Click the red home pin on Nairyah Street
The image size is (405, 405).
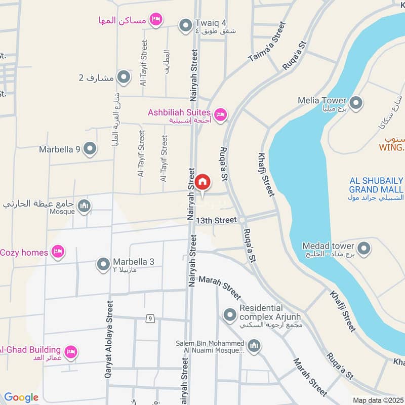click(x=202, y=182)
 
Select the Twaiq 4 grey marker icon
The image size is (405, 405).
click(x=185, y=24)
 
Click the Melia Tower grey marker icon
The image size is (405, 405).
click(x=356, y=103)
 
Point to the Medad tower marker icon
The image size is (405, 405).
click(x=363, y=249)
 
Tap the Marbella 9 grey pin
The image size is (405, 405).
click(x=90, y=149)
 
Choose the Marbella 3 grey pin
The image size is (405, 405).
click(x=103, y=264)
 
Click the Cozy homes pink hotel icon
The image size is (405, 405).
click(x=58, y=252)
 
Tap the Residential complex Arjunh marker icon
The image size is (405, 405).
click(x=230, y=315)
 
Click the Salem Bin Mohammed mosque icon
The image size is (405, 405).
click(x=254, y=346)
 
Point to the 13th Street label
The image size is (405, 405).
click(x=217, y=220)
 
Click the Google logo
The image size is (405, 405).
click(x=21, y=397)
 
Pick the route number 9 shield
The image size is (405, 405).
click(x=150, y=318)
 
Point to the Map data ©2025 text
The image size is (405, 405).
click(x=378, y=400)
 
